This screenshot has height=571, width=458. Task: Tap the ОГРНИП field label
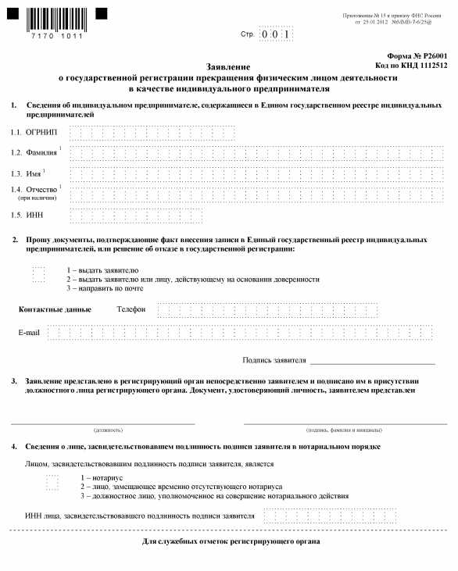point(41,132)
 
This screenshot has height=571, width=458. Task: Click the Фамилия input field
point(257,152)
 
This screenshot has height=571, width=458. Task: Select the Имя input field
point(257,173)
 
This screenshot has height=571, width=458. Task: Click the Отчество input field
point(257,194)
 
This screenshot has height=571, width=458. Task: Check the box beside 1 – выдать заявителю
point(39,273)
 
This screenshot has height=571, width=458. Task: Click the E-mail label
point(29,334)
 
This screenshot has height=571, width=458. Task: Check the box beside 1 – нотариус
point(52,482)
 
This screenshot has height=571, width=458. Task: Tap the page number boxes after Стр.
point(277,34)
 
